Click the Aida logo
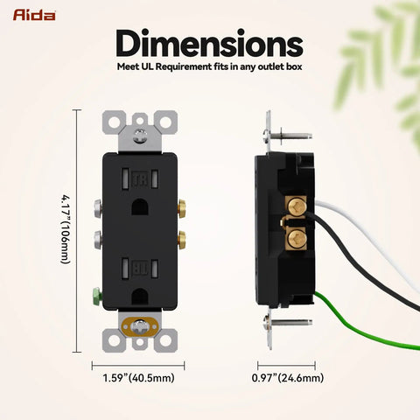[34, 15]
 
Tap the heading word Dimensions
[209, 43]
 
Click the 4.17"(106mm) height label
[66, 229]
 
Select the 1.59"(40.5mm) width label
[138, 378]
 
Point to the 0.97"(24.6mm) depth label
[288, 378]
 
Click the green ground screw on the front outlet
[97, 295]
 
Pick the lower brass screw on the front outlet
[182, 240]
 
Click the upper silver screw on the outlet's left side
[98, 207]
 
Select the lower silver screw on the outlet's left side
[98, 240]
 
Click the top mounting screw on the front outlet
[140, 136]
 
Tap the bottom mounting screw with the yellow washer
[140, 326]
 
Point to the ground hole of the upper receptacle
[140, 207]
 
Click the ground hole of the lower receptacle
[140, 297]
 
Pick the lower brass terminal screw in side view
[295, 239]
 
